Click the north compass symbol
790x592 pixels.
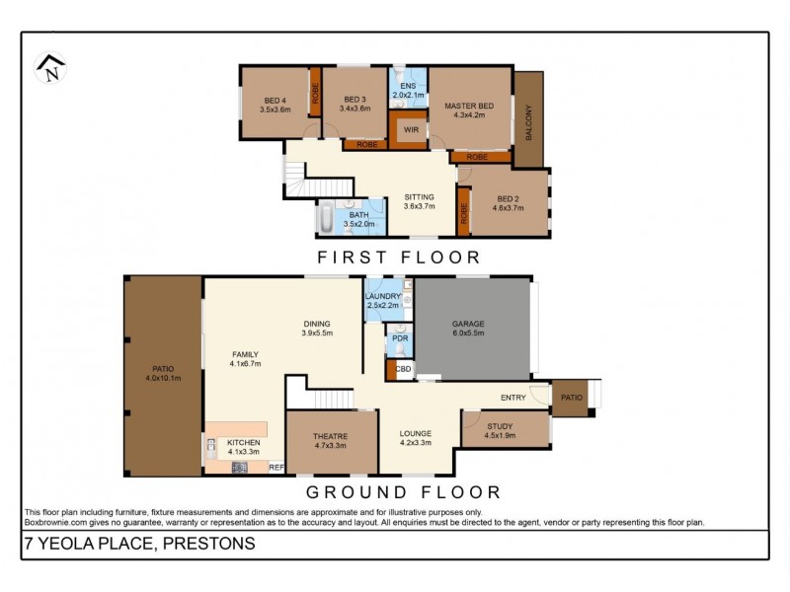coord(50,68)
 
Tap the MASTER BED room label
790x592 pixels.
coord(469,107)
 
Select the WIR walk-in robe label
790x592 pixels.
coord(411,130)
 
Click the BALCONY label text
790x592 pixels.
coord(528,122)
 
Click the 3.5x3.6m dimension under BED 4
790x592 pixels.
coord(276,110)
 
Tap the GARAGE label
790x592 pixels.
coord(468,324)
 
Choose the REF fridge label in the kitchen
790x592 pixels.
coord(276,468)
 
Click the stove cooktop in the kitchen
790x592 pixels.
coord(239,468)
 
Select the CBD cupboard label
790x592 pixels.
coord(403,369)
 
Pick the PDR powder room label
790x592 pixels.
coord(400,338)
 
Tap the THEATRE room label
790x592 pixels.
coord(330,436)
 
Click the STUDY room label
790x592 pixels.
coord(500,426)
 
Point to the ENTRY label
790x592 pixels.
coord(513,398)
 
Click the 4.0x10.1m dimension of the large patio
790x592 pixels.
coord(163,378)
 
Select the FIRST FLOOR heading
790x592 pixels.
coord(399,258)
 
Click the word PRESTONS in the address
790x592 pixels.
coord(209,544)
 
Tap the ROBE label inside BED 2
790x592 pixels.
coord(463,213)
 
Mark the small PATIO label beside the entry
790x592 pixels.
coord(572,398)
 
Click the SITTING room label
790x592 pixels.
coord(419,197)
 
